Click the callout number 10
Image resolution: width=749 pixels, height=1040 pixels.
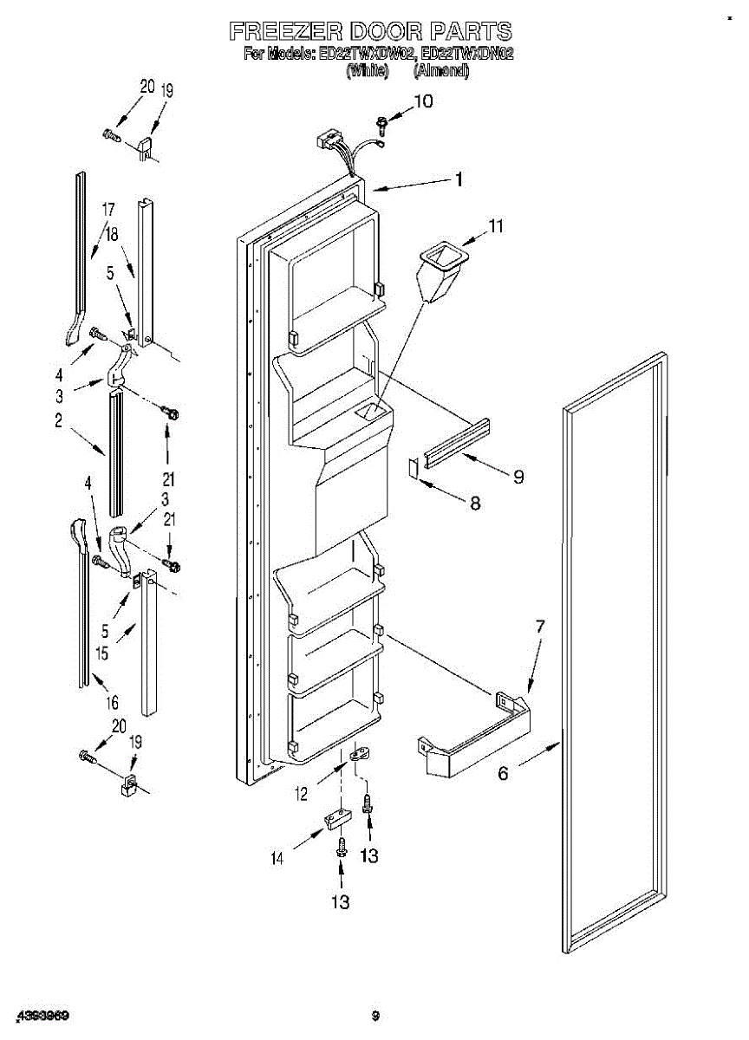pos(422,101)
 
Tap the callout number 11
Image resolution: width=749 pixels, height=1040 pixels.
pos(495,226)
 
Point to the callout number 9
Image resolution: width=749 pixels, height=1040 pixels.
pos(518,477)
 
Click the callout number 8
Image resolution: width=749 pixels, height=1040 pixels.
pos(474,503)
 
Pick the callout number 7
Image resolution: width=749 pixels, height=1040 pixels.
pos(539,625)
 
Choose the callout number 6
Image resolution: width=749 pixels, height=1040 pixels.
pos(503,774)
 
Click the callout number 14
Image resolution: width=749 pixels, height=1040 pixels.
pos(277,859)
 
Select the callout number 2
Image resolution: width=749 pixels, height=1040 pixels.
pos(58,422)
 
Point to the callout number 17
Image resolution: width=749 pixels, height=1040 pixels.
pos(107,209)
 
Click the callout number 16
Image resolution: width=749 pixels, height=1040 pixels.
pos(112,702)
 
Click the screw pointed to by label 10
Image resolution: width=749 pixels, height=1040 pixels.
pos(381,124)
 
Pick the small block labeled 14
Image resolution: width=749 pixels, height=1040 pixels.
pos(336,818)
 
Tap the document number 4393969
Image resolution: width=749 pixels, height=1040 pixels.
pos(41,1015)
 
